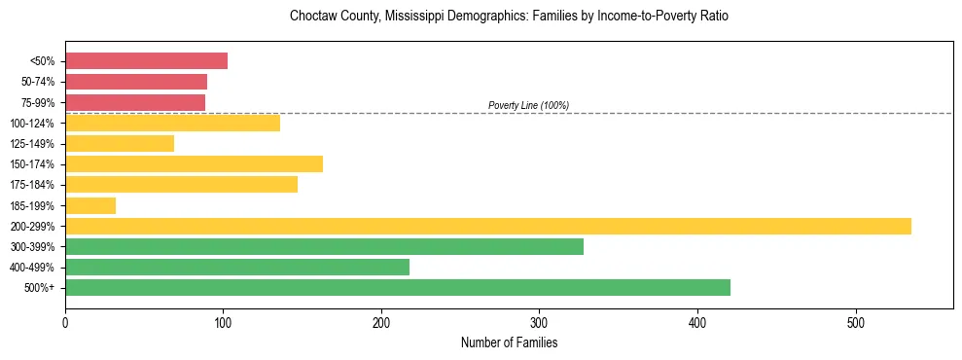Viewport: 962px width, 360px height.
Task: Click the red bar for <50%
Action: pyautogui.click(x=146, y=61)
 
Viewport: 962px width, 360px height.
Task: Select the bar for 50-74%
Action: pyautogui.click(x=136, y=82)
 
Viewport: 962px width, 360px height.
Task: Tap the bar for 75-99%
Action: pyautogui.click(x=135, y=102)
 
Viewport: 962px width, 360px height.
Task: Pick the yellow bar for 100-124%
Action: pyautogui.click(x=172, y=123)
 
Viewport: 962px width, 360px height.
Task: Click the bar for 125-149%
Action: pyautogui.click(x=120, y=144)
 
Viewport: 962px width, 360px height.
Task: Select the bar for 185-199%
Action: pyautogui.click(x=90, y=205)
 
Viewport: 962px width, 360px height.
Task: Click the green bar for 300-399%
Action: pyautogui.click(x=324, y=246)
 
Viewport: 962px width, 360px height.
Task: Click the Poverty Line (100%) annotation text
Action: pyautogui.click(x=528, y=105)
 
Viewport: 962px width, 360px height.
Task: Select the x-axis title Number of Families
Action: pyautogui.click(x=509, y=342)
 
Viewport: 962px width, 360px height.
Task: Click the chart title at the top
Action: pyautogui.click(x=509, y=17)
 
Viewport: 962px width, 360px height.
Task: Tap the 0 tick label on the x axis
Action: pyautogui.click(x=65, y=322)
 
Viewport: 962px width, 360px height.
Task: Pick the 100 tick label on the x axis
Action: pyautogui.click(x=224, y=322)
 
